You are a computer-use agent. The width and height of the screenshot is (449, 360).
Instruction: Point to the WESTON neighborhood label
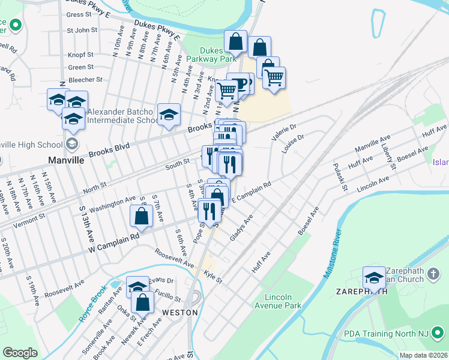click(180, 313)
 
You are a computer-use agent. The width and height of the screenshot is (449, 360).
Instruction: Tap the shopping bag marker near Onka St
click(142, 301)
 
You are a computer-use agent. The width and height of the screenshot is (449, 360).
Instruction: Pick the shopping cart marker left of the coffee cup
click(228, 91)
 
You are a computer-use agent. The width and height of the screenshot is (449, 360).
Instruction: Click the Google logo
click(20, 353)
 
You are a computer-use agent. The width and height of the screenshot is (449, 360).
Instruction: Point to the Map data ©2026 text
click(423, 355)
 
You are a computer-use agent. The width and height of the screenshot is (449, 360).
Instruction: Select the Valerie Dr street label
click(284, 132)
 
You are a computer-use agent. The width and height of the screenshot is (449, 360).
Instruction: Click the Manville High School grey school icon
click(72, 145)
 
